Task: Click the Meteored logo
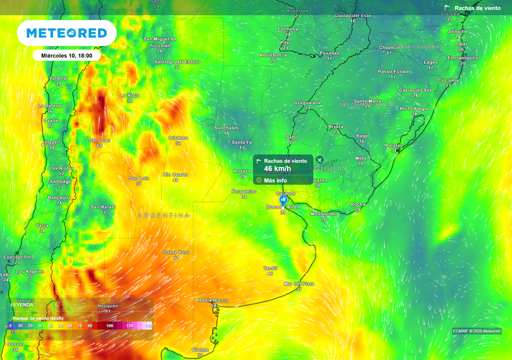point(66,33)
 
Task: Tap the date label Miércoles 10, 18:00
point(66,55)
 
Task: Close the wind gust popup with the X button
point(319,160)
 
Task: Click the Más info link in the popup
point(275,180)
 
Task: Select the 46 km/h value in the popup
point(278,168)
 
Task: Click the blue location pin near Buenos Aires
point(283,199)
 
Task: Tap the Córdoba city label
point(178,137)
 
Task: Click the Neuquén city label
point(108,305)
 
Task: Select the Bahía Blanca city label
point(213,300)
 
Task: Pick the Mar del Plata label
point(299,283)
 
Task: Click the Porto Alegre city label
point(414,108)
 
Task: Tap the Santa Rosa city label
point(176,252)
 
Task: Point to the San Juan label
point(99,140)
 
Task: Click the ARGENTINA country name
point(163,215)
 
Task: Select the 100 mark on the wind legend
point(109,325)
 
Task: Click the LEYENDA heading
point(22,304)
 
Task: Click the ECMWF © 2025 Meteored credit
point(476,331)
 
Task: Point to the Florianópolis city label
point(462,57)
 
